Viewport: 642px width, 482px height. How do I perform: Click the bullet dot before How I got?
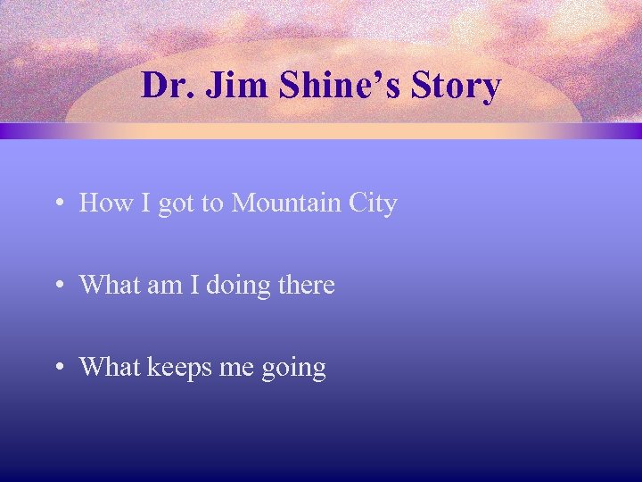tap(57, 204)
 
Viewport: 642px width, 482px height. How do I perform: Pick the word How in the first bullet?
tap(103, 204)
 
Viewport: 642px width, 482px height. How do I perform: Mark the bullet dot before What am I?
tap(57, 287)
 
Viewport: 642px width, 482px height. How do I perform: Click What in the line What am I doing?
tap(109, 286)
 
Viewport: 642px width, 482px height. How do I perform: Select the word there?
tap(305, 286)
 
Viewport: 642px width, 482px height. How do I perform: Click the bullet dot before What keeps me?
tap(57, 368)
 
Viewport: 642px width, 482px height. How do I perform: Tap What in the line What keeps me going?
tap(109, 367)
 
